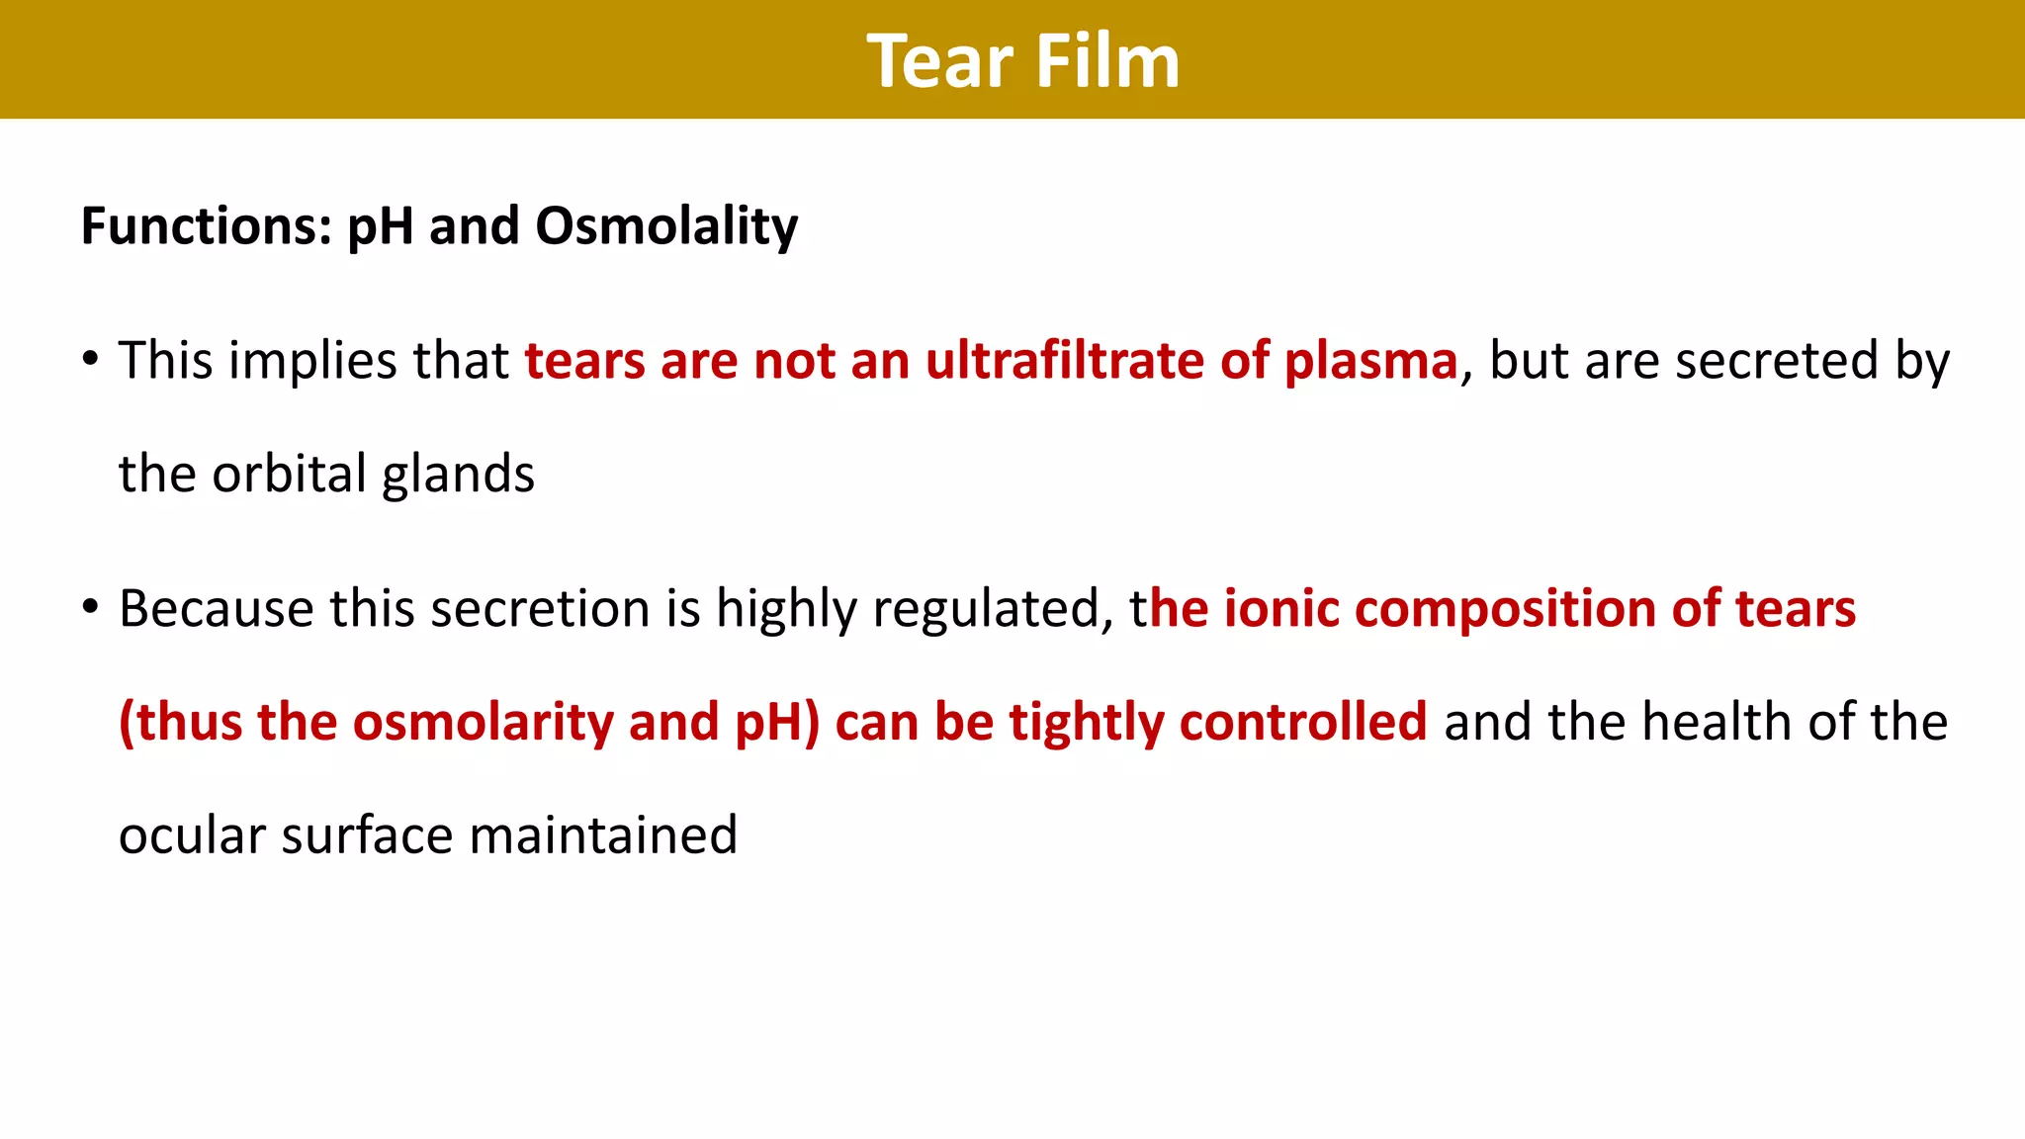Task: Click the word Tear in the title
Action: click(939, 61)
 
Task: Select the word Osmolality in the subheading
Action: click(666, 226)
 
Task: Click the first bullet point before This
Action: click(91, 358)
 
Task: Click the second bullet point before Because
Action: click(91, 605)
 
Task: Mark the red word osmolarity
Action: click(483, 723)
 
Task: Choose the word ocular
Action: click(192, 835)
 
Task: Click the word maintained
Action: click(602, 835)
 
